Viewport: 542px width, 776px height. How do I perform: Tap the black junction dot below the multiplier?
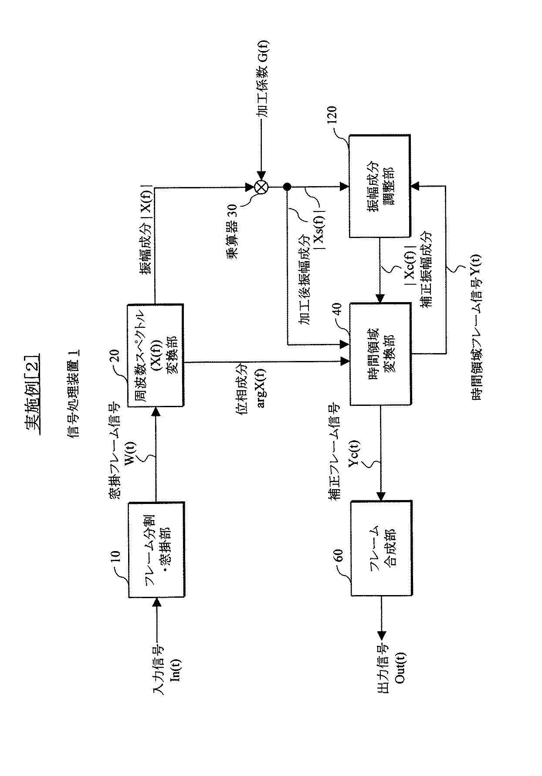pos(287,187)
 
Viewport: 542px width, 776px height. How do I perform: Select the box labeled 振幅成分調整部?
pos(380,186)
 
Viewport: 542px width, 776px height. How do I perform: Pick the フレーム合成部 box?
pos(381,548)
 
